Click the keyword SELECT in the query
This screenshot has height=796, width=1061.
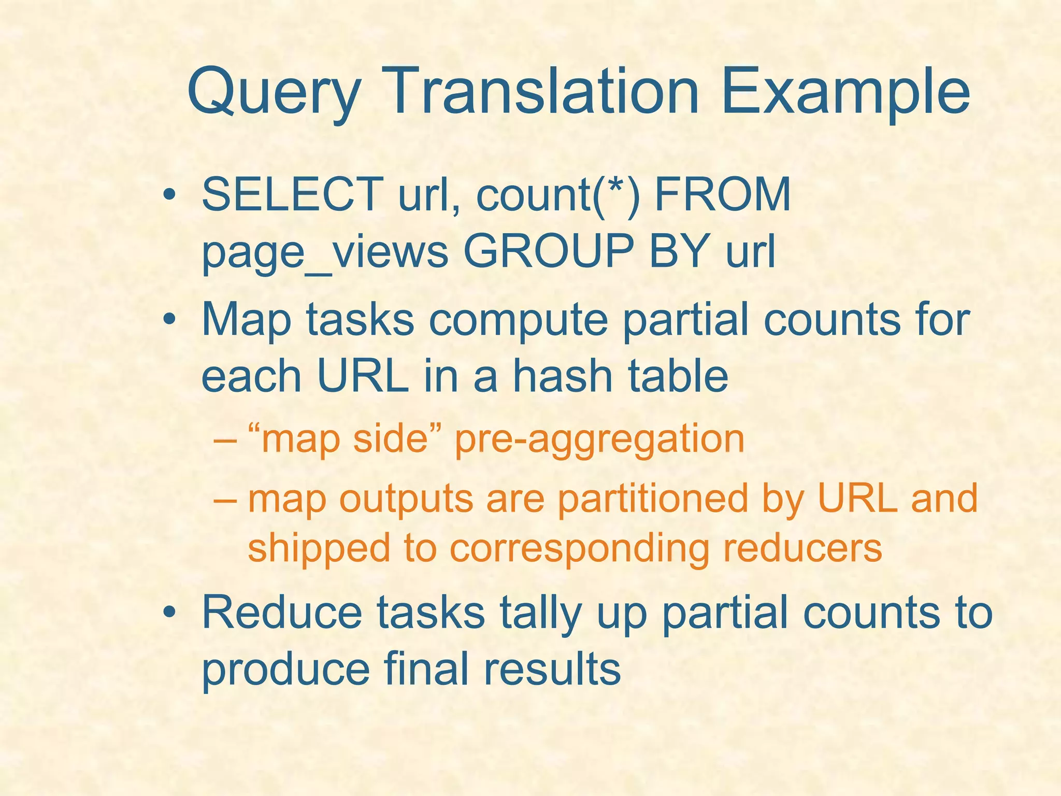coord(292,194)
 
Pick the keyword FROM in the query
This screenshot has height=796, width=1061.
coord(723,194)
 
